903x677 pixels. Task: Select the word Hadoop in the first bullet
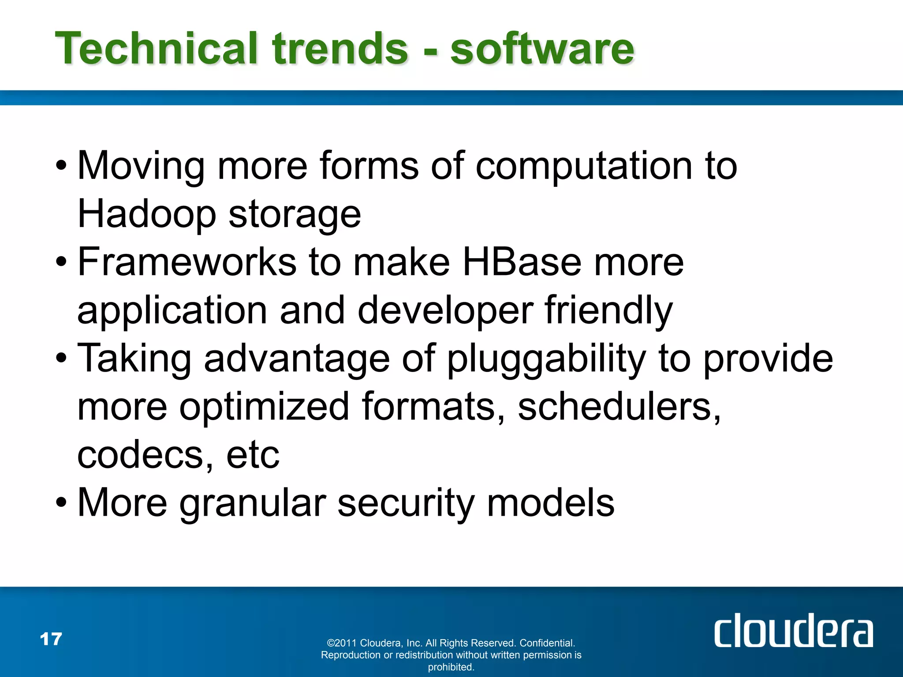(x=147, y=214)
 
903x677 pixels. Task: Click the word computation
(x=584, y=167)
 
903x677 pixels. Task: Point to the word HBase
(x=522, y=262)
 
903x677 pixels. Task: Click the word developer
(x=445, y=311)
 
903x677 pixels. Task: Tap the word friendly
(x=609, y=311)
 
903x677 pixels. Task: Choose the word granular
(x=253, y=503)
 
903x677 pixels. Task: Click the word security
(x=406, y=503)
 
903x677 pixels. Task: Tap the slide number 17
(x=51, y=639)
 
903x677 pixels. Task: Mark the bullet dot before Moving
(x=61, y=167)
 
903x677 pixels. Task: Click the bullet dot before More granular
(x=61, y=503)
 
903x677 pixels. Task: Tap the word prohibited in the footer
(x=451, y=667)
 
